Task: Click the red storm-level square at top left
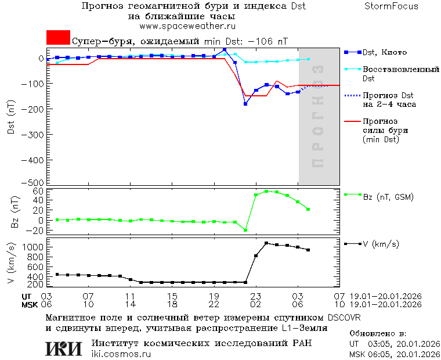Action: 58,38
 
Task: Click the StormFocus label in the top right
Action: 391,6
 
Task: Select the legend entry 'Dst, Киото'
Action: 383,52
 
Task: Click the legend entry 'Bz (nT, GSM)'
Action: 388,197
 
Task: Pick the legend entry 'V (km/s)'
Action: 381,244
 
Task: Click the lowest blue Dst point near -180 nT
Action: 245,104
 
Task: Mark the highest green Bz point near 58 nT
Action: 266,191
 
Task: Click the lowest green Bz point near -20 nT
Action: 245,230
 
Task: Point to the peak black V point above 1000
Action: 266,243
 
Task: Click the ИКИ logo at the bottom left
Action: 64,348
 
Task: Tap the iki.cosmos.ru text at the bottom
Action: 121,354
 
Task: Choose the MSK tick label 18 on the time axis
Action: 172,304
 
